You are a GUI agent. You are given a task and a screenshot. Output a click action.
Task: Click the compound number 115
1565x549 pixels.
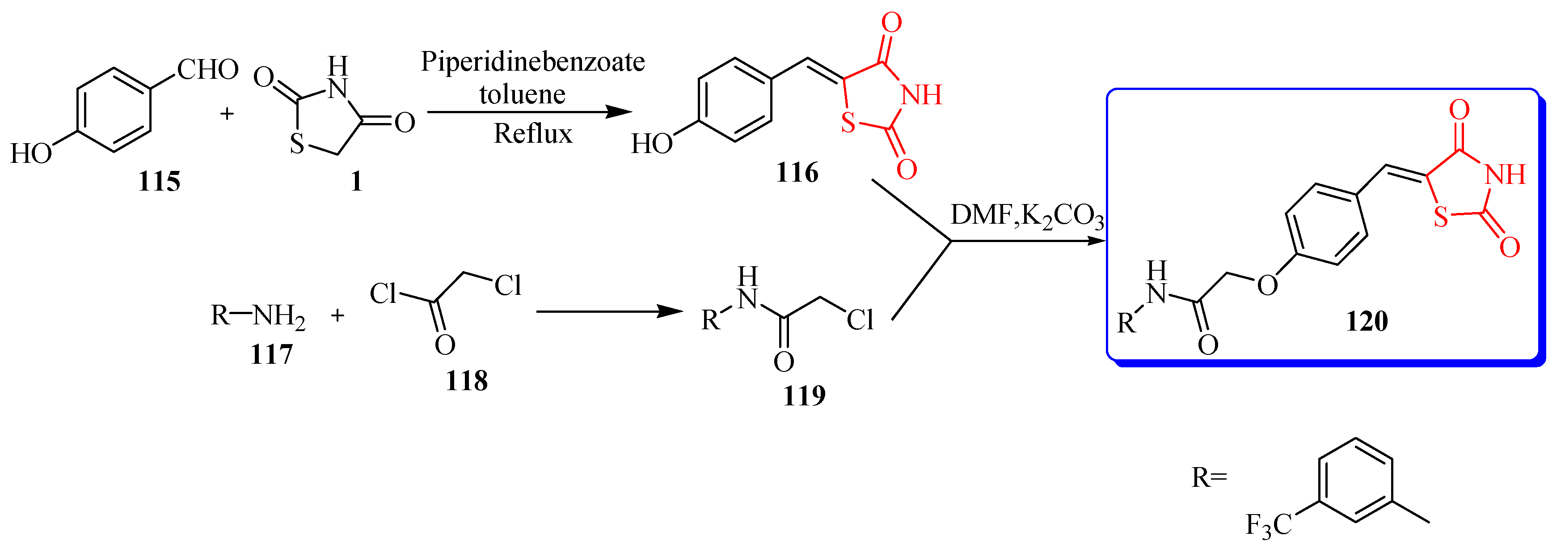[x=159, y=182]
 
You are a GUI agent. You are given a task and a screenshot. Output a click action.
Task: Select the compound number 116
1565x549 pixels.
[x=797, y=173]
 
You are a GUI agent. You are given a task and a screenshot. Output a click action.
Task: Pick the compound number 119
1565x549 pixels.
[x=804, y=396]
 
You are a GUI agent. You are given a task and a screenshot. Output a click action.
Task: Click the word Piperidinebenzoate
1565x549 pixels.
[x=532, y=62]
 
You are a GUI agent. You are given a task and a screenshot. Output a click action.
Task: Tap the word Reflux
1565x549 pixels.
[x=532, y=134]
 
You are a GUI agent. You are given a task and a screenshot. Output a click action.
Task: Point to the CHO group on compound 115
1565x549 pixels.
[x=208, y=70]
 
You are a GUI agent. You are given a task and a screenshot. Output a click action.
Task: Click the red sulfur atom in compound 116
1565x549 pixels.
[x=848, y=123]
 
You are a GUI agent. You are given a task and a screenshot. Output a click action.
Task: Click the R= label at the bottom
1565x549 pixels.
[x=1209, y=478]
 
